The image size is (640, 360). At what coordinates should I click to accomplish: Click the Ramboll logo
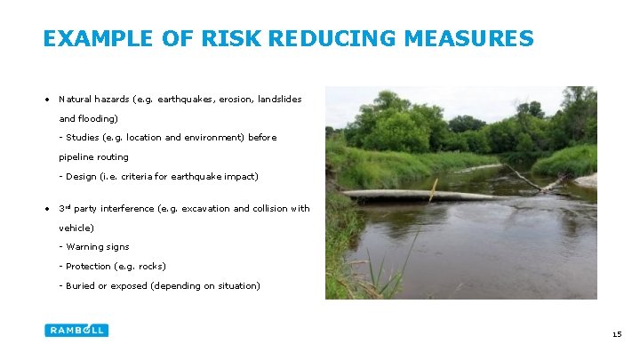point(76,330)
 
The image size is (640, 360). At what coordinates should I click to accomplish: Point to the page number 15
point(617,334)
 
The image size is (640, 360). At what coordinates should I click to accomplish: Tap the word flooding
point(97,118)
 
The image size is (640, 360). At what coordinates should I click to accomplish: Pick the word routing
point(113,157)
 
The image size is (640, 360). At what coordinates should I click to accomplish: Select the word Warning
point(84,247)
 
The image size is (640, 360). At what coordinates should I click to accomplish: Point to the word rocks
point(150,267)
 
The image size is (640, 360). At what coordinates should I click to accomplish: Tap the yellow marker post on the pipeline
point(433,189)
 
